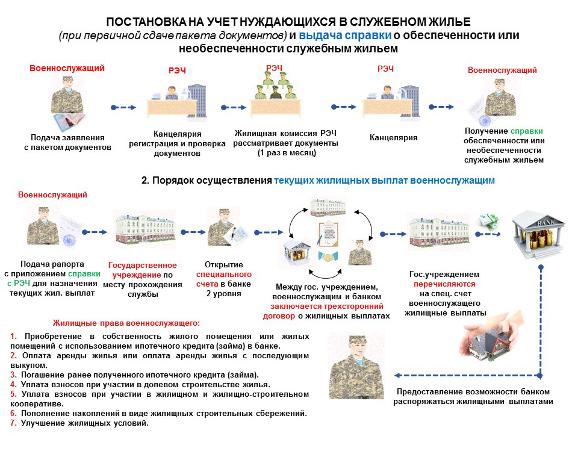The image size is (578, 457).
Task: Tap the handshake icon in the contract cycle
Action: [328, 256]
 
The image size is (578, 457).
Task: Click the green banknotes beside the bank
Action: [488, 222]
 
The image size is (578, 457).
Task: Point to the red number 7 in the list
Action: [13, 423]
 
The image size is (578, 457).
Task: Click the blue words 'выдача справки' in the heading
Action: [345, 36]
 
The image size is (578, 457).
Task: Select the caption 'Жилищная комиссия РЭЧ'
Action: [285, 134]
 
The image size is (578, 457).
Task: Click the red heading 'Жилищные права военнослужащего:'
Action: [126, 323]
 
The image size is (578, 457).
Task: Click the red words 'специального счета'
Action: [224, 279]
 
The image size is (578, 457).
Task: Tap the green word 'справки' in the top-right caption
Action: [526, 131]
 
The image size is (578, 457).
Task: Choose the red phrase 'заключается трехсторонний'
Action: [326, 306]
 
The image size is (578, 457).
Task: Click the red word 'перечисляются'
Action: [444, 284]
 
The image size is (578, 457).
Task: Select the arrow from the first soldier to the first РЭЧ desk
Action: [123, 108]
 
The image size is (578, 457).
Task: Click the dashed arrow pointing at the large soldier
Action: [467, 376]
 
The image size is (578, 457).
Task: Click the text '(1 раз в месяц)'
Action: [287, 153]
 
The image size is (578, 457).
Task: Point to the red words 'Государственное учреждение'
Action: [142, 270]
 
